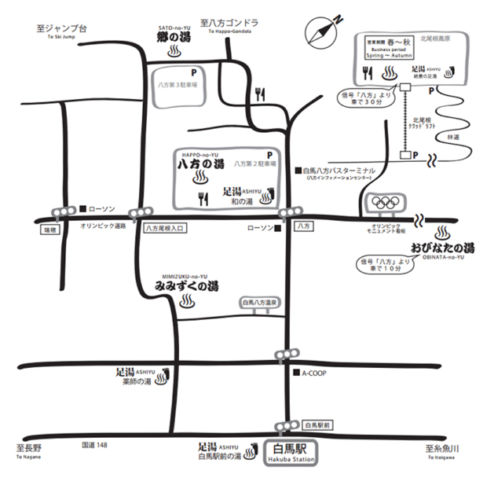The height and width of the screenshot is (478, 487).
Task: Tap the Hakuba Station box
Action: tap(293, 453)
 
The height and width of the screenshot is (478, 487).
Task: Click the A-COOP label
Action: tap(313, 373)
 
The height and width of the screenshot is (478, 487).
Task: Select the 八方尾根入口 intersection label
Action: tap(165, 228)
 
